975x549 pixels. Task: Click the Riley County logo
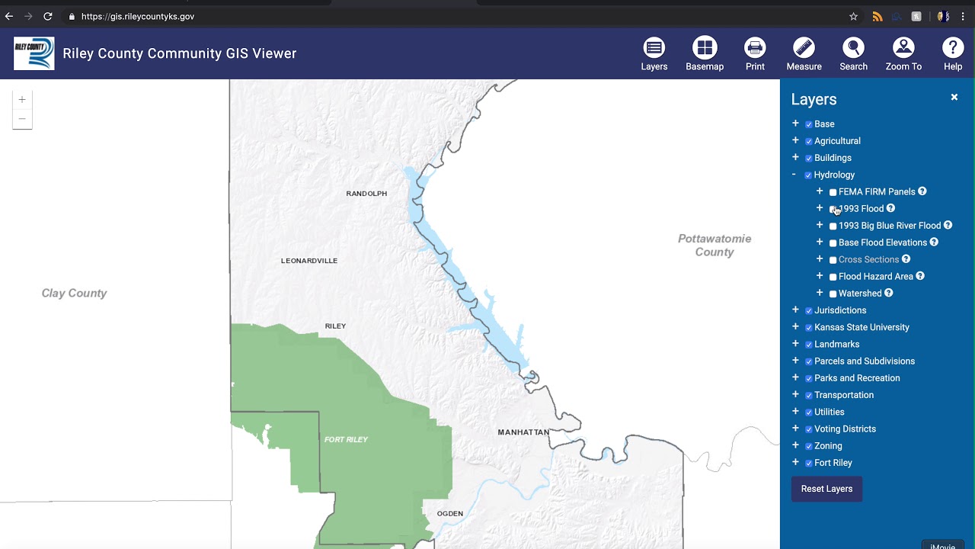click(34, 53)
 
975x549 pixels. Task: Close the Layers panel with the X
click(954, 98)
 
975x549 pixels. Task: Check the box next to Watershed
click(833, 294)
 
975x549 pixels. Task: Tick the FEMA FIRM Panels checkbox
click(833, 192)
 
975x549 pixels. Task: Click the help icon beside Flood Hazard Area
click(920, 276)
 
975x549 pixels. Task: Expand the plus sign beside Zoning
click(795, 445)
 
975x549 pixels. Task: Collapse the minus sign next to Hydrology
click(794, 175)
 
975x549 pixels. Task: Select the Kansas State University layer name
click(862, 327)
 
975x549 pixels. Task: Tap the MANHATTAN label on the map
click(523, 432)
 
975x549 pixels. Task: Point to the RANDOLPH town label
click(366, 194)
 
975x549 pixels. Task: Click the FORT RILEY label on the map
click(346, 440)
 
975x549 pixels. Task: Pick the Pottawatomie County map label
click(714, 246)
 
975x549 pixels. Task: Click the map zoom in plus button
click(22, 100)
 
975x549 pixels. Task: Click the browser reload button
click(47, 16)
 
